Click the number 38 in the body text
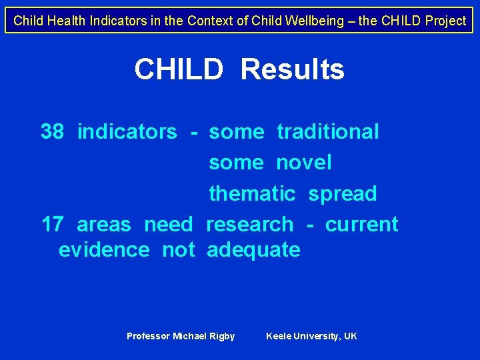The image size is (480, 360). tap(52, 132)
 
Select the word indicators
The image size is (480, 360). tap(127, 132)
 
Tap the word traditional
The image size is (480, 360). tap(328, 132)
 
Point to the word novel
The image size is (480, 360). tap(303, 163)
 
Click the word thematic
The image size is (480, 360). tap(252, 194)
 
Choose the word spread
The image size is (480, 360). tap(342, 194)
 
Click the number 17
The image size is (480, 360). tap(52, 225)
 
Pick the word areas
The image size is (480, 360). tap(104, 225)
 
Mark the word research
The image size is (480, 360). tap(249, 225)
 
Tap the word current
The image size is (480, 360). tap(361, 225)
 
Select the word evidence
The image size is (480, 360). tap(104, 250)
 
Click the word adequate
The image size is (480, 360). tap(253, 250)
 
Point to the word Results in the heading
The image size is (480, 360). tap(292, 69)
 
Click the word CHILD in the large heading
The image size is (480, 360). tap(178, 69)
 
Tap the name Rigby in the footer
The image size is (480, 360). tap(222, 336)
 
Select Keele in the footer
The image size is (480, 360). tap(279, 336)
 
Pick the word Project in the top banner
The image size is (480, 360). tap(445, 21)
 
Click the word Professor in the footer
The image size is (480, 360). tap(148, 336)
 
